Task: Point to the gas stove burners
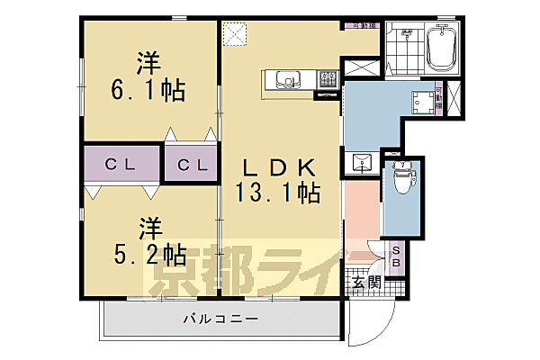tap(327, 78)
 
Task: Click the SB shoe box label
tap(397, 255)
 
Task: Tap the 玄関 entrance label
tap(365, 282)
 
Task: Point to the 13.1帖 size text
tap(278, 191)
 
